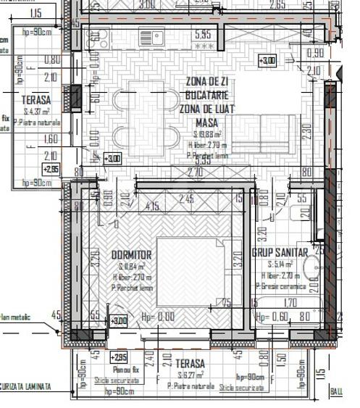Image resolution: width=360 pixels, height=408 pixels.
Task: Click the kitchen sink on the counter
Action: pyautogui.click(x=151, y=37)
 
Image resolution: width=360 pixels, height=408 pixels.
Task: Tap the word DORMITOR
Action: pyautogui.click(x=131, y=254)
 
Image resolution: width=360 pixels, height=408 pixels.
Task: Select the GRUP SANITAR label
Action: pyautogui.click(x=280, y=252)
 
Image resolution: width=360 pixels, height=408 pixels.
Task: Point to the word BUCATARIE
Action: pyautogui.click(x=206, y=95)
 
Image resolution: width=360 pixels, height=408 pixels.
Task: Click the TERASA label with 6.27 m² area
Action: pyautogui.click(x=189, y=363)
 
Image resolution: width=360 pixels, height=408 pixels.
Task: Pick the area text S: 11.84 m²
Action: pyautogui.click(x=132, y=266)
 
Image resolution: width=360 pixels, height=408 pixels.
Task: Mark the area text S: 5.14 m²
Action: pyautogui.click(x=280, y=265)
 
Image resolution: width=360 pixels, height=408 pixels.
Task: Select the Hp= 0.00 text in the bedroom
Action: pyautogui.click(x=158, y=317)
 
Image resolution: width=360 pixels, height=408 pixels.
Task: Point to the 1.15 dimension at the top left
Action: pyautogui.click(x=36, y=13)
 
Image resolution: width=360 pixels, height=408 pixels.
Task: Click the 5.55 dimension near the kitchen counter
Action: pyautogui.click(x=203, y=34)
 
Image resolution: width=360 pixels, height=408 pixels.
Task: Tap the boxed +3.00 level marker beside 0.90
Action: pyautogui.click(x=267, y=60)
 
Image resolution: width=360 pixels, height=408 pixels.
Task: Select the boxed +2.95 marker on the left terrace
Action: pyautogui.click(x=51, y=169)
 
